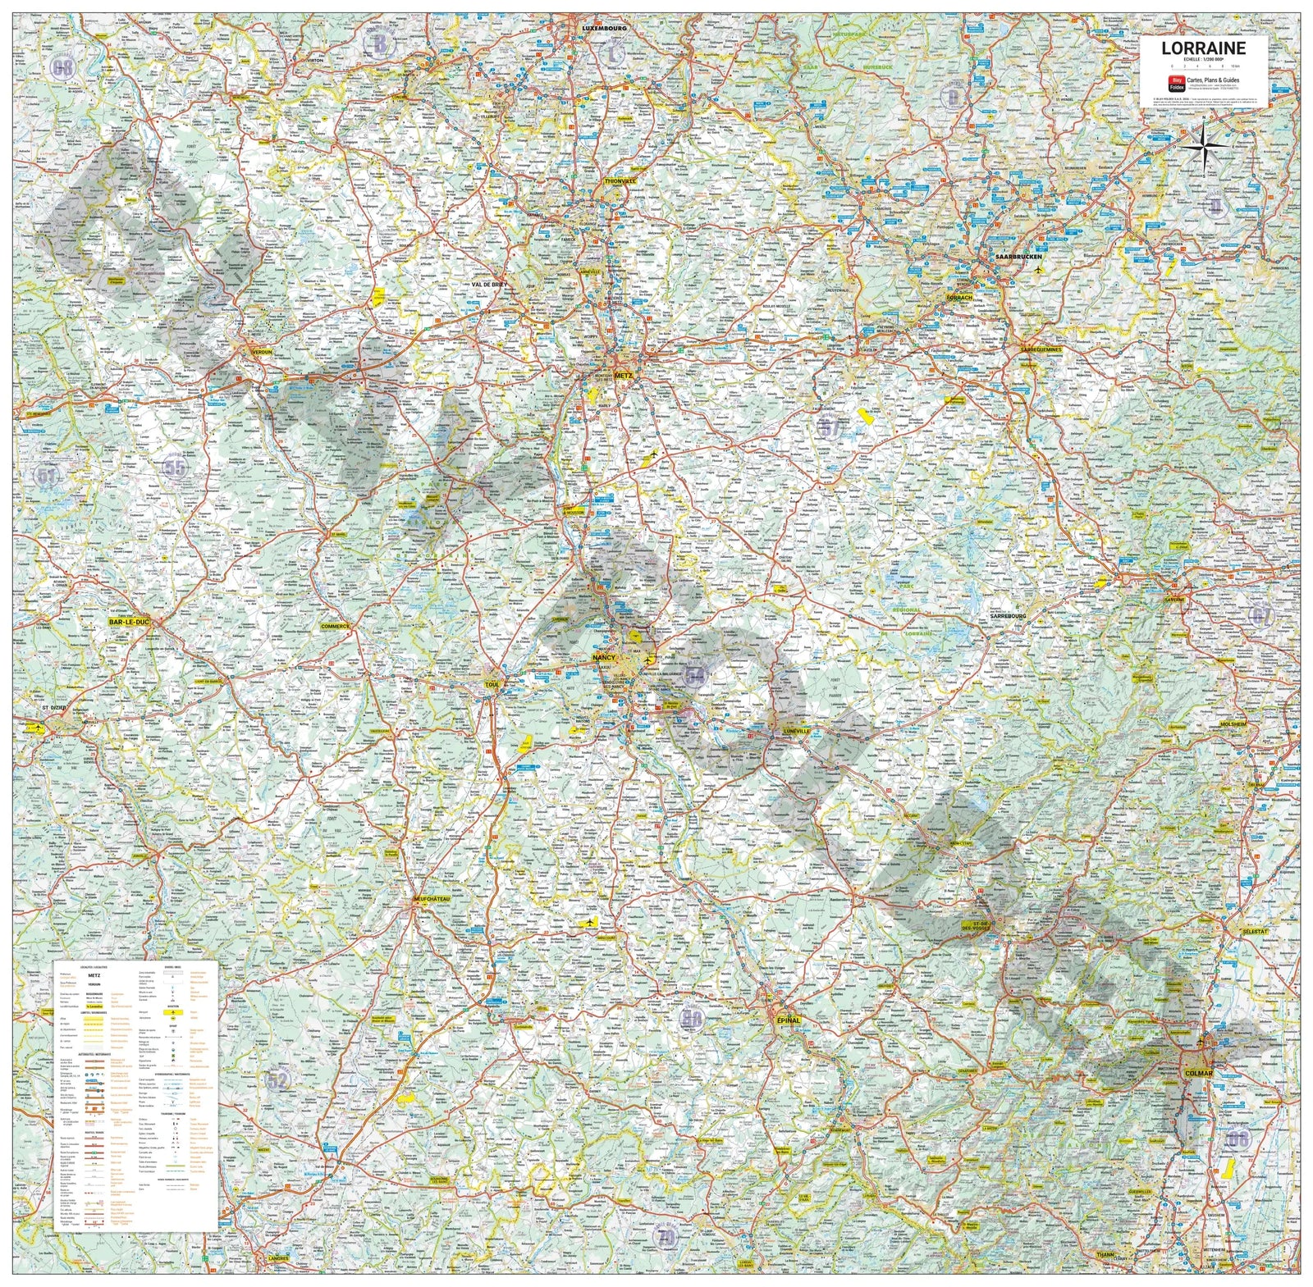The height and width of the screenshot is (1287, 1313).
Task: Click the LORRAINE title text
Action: pyautogui.click(x=1202, y=48)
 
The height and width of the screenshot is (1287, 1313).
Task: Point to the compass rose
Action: pyautogui.click(x=1204, y=147)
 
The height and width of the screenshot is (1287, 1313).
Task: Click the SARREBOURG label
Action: pyautogui.click(x=1004, y=615)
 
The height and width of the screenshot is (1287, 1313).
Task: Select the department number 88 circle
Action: pyautogui.click(x=692, y=1019)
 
